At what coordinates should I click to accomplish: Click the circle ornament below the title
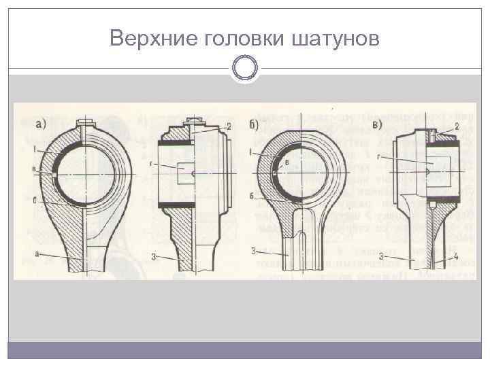click(245, 67)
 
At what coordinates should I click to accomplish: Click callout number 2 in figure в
click(457, 126)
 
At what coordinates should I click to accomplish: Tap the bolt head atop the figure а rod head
click(84, 124)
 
